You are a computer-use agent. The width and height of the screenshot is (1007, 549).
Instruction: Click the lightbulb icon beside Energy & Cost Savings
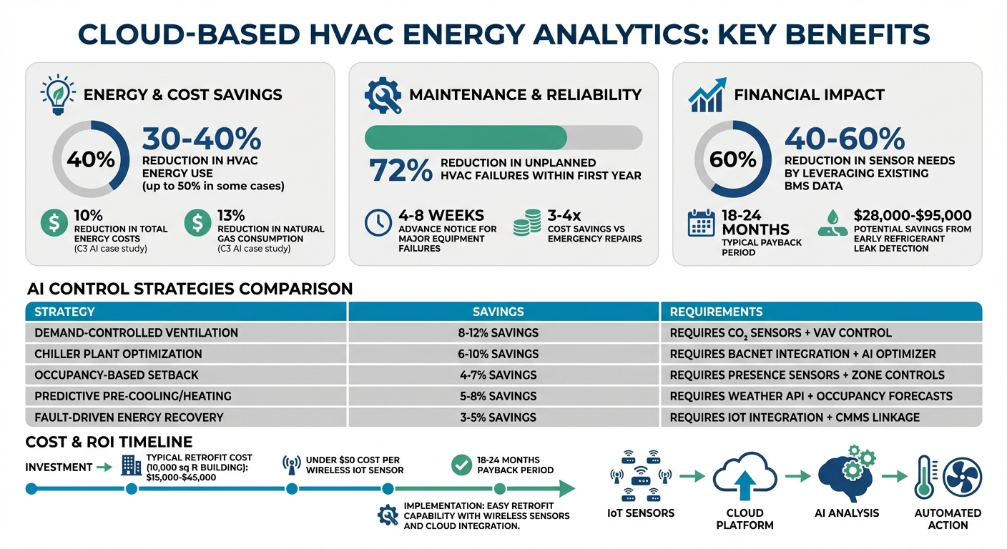pyautogui.click(x=57, y=95)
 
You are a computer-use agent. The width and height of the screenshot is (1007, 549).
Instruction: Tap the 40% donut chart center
pyautogui.click(x=91, y=159)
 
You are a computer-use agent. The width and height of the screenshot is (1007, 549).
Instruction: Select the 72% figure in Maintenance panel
pyautogui.click(x=401, y=171)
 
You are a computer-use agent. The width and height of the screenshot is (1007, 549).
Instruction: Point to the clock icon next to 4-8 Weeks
pyautogui.click(x=377, y=224)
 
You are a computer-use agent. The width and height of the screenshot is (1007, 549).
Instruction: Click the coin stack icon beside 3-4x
pyautogui.click(x=527, y=224)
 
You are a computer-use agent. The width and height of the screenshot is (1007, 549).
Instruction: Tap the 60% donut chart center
pyautogui.click(x=733, y=159)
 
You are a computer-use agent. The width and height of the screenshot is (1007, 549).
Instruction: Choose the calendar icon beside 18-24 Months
pyautogui.click(x=700, y=223)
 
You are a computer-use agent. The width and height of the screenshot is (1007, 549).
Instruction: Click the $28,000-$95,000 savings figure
pyautogui.click(x=913, y=215)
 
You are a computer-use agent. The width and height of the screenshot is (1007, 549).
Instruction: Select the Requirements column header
pyautogui.click(x=716, y=312)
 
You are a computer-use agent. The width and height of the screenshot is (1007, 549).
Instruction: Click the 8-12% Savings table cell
pyautogui.click(x=498, y=332)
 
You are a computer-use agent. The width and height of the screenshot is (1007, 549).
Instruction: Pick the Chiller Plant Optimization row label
pyautogui.click(x=118, y=354)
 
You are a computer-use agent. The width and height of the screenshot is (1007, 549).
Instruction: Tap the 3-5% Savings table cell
pyautogui.click(x=498, y=417)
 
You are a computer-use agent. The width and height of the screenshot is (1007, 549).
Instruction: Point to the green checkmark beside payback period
pyautogui.click(x=461, y=465)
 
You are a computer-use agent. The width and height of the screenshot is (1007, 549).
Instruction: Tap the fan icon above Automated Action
pyautogui.click(x=963, y=477)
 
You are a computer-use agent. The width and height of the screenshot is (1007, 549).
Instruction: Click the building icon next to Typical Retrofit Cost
pyautogui.click(x=131, y=466)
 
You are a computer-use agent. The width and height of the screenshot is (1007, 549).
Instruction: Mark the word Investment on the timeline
pyautogui.click(x=59, y=467)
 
